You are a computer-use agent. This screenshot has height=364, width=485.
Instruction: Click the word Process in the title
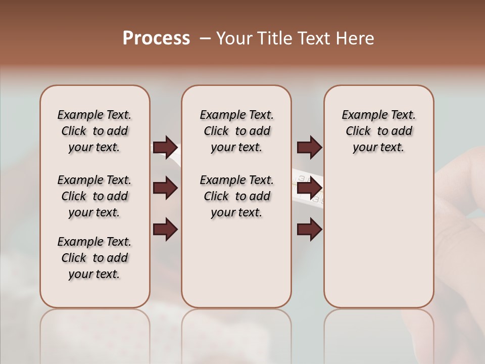[156, 38]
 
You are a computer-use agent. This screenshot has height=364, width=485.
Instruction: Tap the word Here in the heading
[356, 38]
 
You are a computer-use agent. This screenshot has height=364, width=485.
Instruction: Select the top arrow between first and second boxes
[165, 147]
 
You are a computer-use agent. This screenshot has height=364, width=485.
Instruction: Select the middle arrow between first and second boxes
[165, 188]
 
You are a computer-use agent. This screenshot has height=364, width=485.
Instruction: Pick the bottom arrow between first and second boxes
[165, 229]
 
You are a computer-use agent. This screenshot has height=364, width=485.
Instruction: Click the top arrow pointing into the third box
[309, 147]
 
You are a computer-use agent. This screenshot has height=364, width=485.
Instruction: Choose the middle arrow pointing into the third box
[309, 188]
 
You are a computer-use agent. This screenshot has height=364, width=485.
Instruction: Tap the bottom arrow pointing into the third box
[309, 229]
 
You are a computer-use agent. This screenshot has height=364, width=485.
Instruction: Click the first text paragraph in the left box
[94, 131]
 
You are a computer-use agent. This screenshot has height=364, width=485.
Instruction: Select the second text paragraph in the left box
[94, 196]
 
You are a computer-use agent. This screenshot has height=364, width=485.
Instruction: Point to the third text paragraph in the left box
[94, 258]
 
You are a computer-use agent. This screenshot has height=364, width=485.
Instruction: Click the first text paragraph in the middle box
[236, 131]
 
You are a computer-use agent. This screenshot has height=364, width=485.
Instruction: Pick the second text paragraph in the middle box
[236, 196]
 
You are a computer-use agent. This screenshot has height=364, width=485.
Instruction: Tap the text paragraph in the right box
[378, 131]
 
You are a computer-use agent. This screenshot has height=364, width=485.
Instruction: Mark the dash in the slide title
[205, 38]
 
